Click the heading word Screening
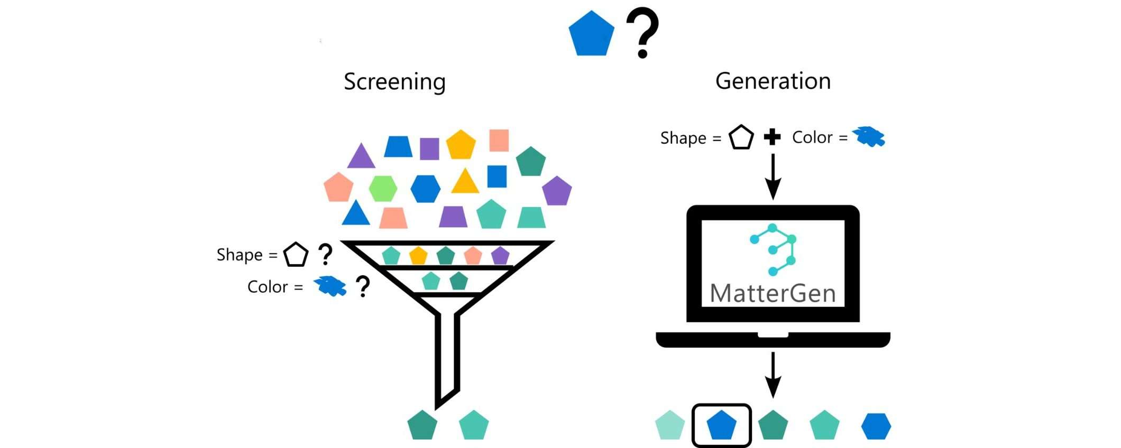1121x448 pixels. pyautogui.click(x=394, y=82)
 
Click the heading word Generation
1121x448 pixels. pyautogui.click(x=773, y=81)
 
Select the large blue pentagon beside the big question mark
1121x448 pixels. pyautogui.click(x=591, y=34)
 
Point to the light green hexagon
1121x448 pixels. pyautogui.click(x=383, y=189)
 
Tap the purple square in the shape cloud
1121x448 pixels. pyautogui.click(x=429, y=148)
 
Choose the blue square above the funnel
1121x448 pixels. pyautogui.click(x=497, y=176)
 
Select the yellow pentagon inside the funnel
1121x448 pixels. pyautogui.click(x=418, y=256)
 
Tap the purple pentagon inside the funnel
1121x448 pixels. pyautogui.click(x=500, y=256)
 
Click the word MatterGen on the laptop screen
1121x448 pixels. pyautogui.click(x=773, y=294)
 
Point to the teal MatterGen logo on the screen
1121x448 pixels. pyautogui.click(x=774, y=249)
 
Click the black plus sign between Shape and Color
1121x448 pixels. pyautogui.click(x=772, y=137)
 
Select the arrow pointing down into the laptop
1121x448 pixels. pyautogui.click(x=773, y=177)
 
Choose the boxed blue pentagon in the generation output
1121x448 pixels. pyautogui.click(x=722, y=425)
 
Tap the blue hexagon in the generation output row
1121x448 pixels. pyautogui.click(x=876, y=426)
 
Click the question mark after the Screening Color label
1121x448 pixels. pyautogui.click(x=363, y=286)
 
